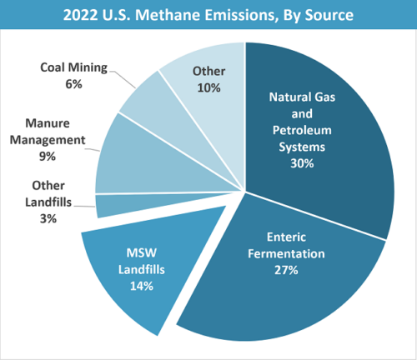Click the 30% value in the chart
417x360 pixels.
tap(303, 163)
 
